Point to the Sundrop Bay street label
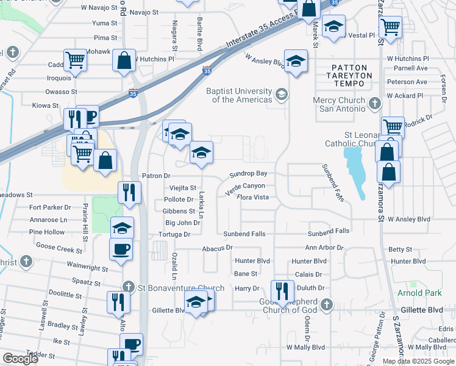[x=248, y=174]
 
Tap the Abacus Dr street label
[x=221, y=248]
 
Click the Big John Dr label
[x=182, y=223]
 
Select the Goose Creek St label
[x=59, y=249]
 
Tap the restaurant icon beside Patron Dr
[x=129, y=192]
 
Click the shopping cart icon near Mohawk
[x=76, y=60]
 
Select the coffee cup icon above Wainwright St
[x=119, y=249]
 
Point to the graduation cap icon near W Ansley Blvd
[x=296, y=61]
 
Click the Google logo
[x=20, y=359]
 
